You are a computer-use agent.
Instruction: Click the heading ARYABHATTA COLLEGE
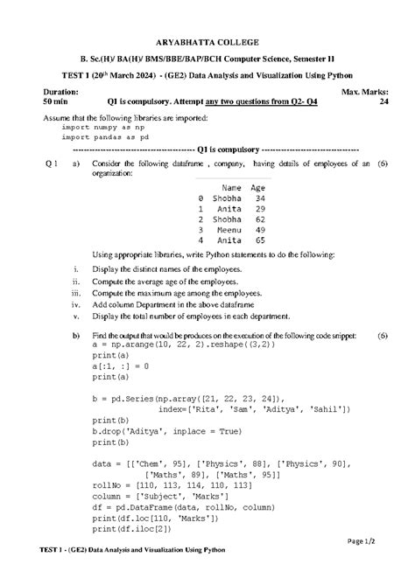pos(207,42)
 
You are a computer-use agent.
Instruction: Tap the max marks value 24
pos(383,102)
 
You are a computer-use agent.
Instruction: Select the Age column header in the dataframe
pos(257,187)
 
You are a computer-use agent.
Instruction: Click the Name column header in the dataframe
pos(231,187)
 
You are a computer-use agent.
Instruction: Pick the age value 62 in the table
pos(260,219)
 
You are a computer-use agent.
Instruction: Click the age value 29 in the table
pos(260,209)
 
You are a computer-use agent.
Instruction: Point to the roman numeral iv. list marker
pos(76,305)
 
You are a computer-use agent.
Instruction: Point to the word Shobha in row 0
pos(227,198)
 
